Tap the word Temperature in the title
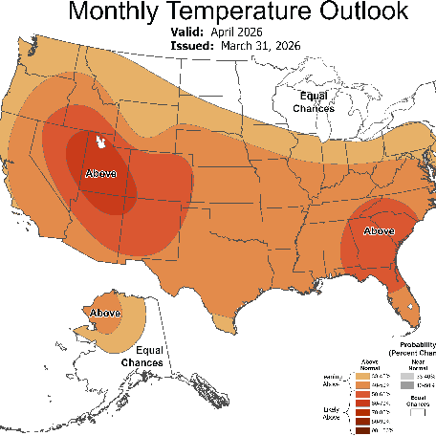click(245, 12)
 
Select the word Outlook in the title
click(372, 12)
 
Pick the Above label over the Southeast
click(380, 230)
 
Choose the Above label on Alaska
click(103, 314)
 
